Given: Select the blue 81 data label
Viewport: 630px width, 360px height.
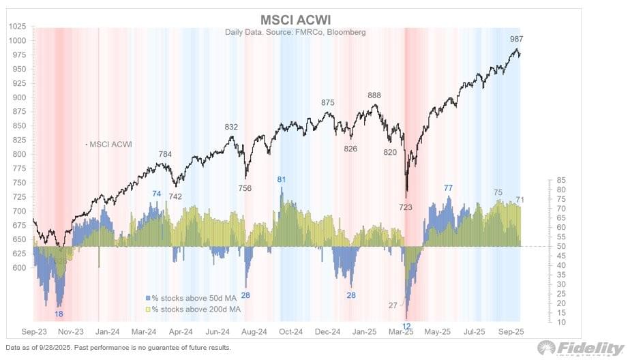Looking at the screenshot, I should tap(281, 179).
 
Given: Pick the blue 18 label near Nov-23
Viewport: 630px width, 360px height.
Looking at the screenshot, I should tap(60, 314).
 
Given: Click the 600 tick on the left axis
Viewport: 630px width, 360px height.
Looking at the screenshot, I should tap(19, 268).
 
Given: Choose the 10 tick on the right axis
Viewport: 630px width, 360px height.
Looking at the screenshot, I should tap(559, 321).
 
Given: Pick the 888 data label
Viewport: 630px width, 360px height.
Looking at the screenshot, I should tap(374, 95).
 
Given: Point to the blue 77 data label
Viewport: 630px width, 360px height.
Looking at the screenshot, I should tap(448, 187).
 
